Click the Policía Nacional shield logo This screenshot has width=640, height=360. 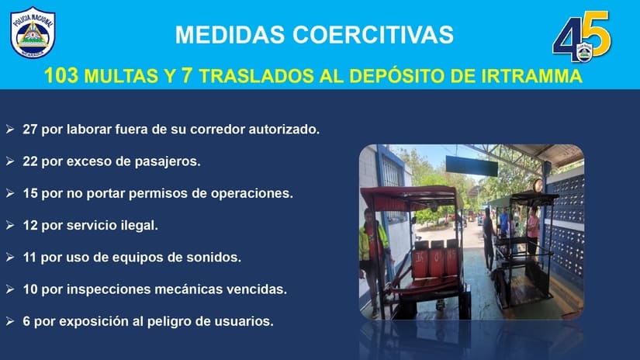tap(33, 33)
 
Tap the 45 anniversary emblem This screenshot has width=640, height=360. tap(582, 36)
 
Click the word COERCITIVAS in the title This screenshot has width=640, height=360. tap(372, 34)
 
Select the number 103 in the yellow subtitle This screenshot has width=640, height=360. tap(61, 76)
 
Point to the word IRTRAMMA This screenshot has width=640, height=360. tap(532, 76)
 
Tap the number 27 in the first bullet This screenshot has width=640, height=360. tap(29, 129)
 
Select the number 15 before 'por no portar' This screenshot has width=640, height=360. tap(29, 193)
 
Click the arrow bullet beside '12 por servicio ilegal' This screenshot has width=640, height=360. tap(10, 225)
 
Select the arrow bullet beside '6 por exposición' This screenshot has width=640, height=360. tap(10, 321)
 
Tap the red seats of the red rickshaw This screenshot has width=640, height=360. tap(435, 261)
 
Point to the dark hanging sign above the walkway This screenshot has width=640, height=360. tap(472, 166)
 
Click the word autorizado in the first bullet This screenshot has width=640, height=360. tap(284, 129)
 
